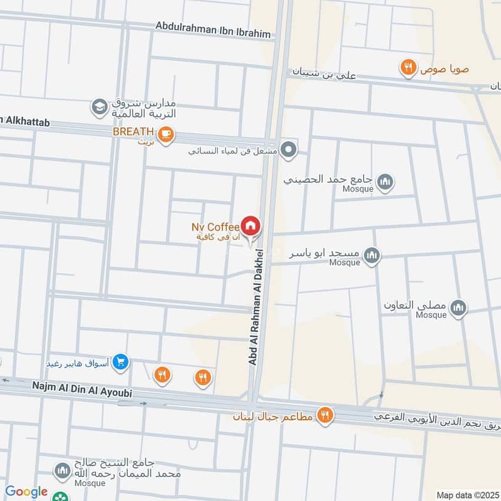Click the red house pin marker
pyautogui.click(x=250, y=226)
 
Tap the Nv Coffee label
pyautogui.click(x=215, y=227)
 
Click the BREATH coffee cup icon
pyautogui.click(x=165, y=135)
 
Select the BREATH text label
pyautogui.click(x=133, y=132)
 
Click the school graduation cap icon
pyautogui.click(x=99, y=108)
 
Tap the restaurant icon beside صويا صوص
pyautogui.click(x=408, y=68)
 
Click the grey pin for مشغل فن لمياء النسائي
pyautogui.click(x=288, y=150)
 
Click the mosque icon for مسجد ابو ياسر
pyautogui.click(x=373, y=256)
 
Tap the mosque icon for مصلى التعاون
pyautogui.click(x=459, y=307)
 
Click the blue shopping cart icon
pyautogui.click(x=121, y=361)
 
